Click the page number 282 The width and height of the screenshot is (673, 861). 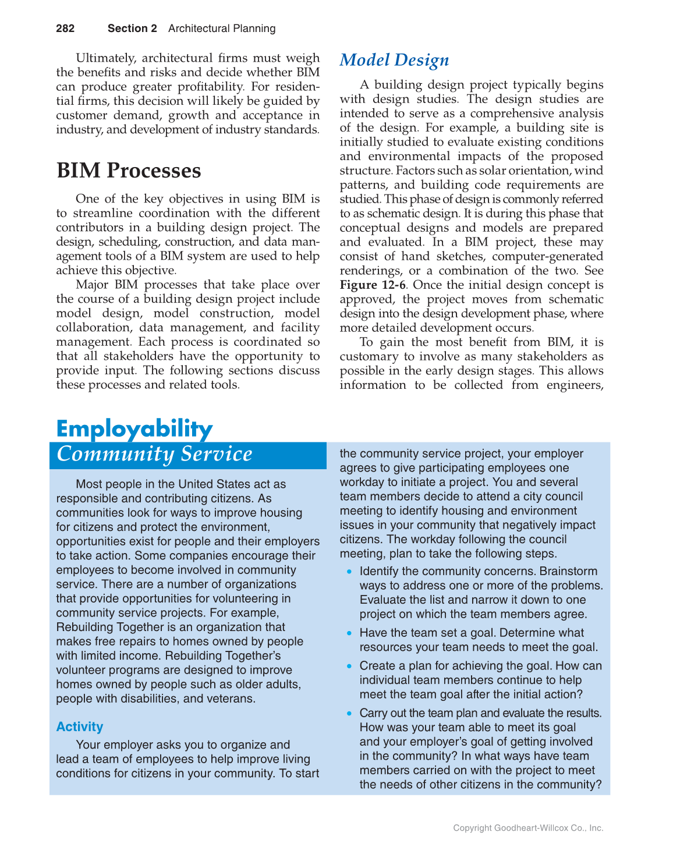click(x=65, y=29)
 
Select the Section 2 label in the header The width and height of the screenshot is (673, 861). click(x=132, y=29)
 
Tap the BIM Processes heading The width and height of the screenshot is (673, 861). click(x=129, y=171)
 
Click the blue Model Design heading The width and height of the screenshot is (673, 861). click(x=394, y=60)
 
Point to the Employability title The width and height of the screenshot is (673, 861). click(x=134, y=428)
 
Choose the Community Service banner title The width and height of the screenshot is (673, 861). click(x=154, y=455)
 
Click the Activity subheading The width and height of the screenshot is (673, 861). click(x=80, y=727)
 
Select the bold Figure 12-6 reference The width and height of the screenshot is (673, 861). click(x=373, y=285)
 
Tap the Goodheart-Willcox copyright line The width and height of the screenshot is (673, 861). click(x=528, y=828)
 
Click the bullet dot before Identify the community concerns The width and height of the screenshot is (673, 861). click(x=349, y=572)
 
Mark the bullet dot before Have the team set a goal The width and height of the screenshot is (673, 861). click(x=349, y=633)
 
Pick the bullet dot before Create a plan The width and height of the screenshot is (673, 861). click(x=349, y=666)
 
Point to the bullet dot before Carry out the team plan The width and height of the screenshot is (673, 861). click(x=349, y=713)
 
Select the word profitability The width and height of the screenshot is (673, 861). click(x=282, y=87)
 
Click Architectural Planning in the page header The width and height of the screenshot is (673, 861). click(x=222, y=29)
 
